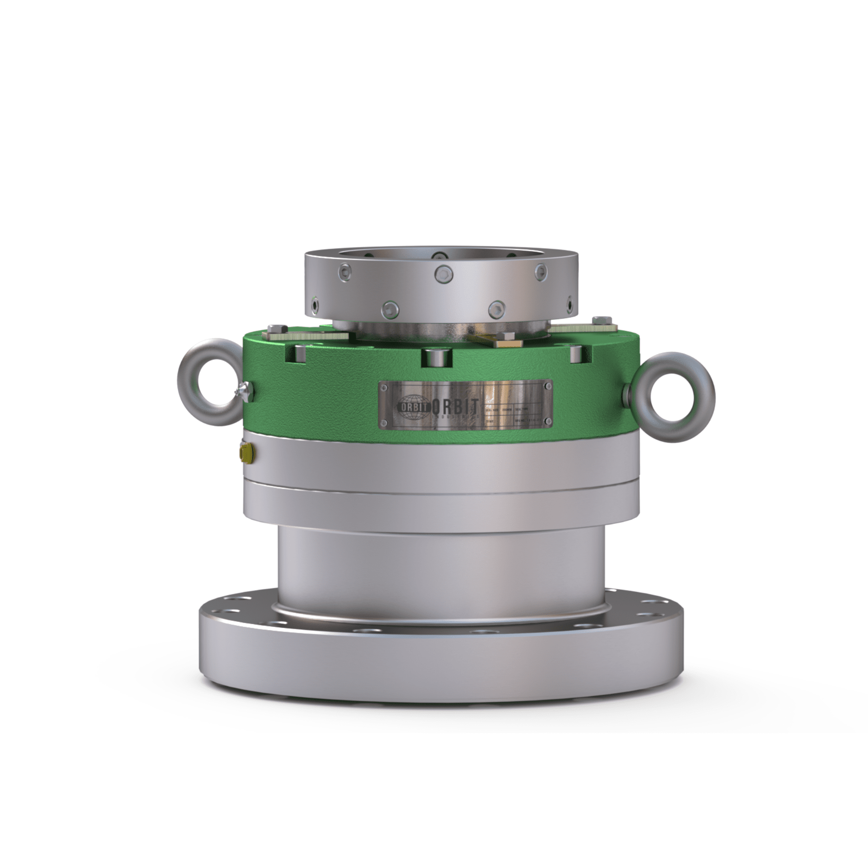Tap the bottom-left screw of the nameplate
(x=385, y=422)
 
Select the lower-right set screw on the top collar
(x=497, y=309)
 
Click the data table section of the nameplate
(x=516, y=416)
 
